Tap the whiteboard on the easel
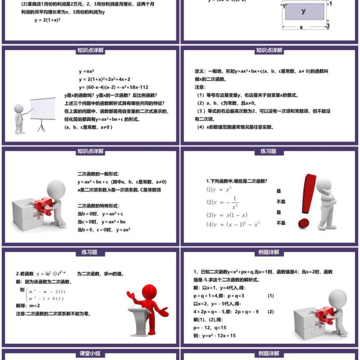click(x=43, y=108)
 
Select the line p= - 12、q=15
click(x=210, y=328)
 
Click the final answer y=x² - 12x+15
click(x=215, y=336)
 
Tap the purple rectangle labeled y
click(x=304, y=11)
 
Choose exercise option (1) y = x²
click(x=219, y=189)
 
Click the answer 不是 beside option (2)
click(x=281, y=202)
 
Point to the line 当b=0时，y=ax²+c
click(x=100, y=214)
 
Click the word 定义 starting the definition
click(x=200, y=72)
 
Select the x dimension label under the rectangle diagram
click(x=301, y=27)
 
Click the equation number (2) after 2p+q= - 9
click(x=271, y=311)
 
